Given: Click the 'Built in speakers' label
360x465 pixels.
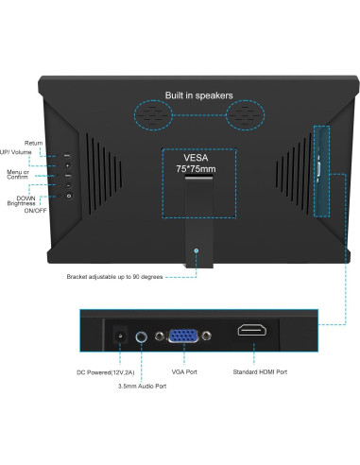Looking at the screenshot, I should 198,95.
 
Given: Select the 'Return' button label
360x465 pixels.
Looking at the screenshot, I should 34,144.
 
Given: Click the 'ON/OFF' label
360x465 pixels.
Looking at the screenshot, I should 36,211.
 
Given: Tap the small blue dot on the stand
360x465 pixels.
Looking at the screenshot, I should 196,250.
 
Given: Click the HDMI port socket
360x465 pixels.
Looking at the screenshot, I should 252,333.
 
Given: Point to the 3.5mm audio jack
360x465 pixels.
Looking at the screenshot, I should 142,335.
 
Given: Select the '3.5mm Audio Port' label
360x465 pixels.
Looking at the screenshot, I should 142,387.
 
